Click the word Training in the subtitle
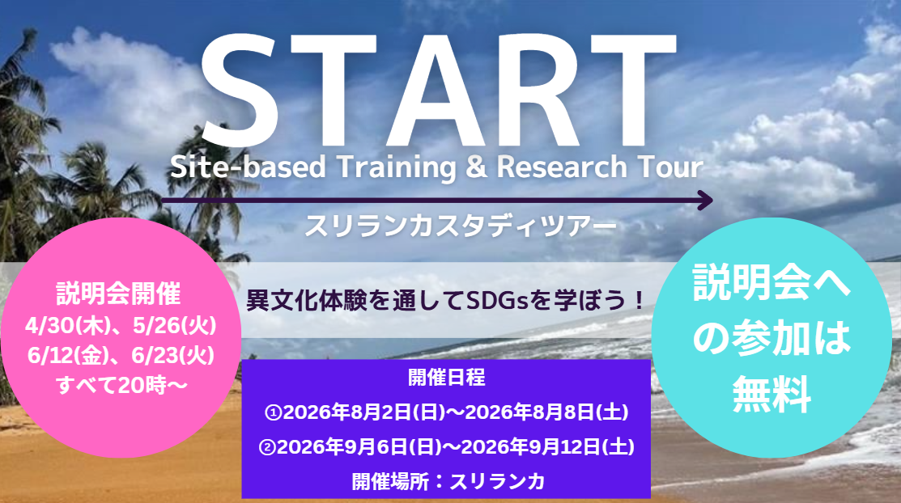(397, 167)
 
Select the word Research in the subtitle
(561, 167)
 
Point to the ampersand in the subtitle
(476, 167)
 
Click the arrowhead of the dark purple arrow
(705, 201)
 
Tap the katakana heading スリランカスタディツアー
(461, 226)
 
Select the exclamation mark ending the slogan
(638, 300)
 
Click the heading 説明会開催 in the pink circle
(118, 294)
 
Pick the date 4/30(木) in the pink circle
(67, 326)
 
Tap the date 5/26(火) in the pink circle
(175, 326)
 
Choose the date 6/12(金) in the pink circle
(68, 356)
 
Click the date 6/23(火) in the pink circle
(173, 356)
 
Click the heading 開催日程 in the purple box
(447, 377)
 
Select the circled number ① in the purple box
(273, 412)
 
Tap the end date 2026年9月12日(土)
(547, 446)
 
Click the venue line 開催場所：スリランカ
(448, 481)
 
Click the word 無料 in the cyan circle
(771, 394)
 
